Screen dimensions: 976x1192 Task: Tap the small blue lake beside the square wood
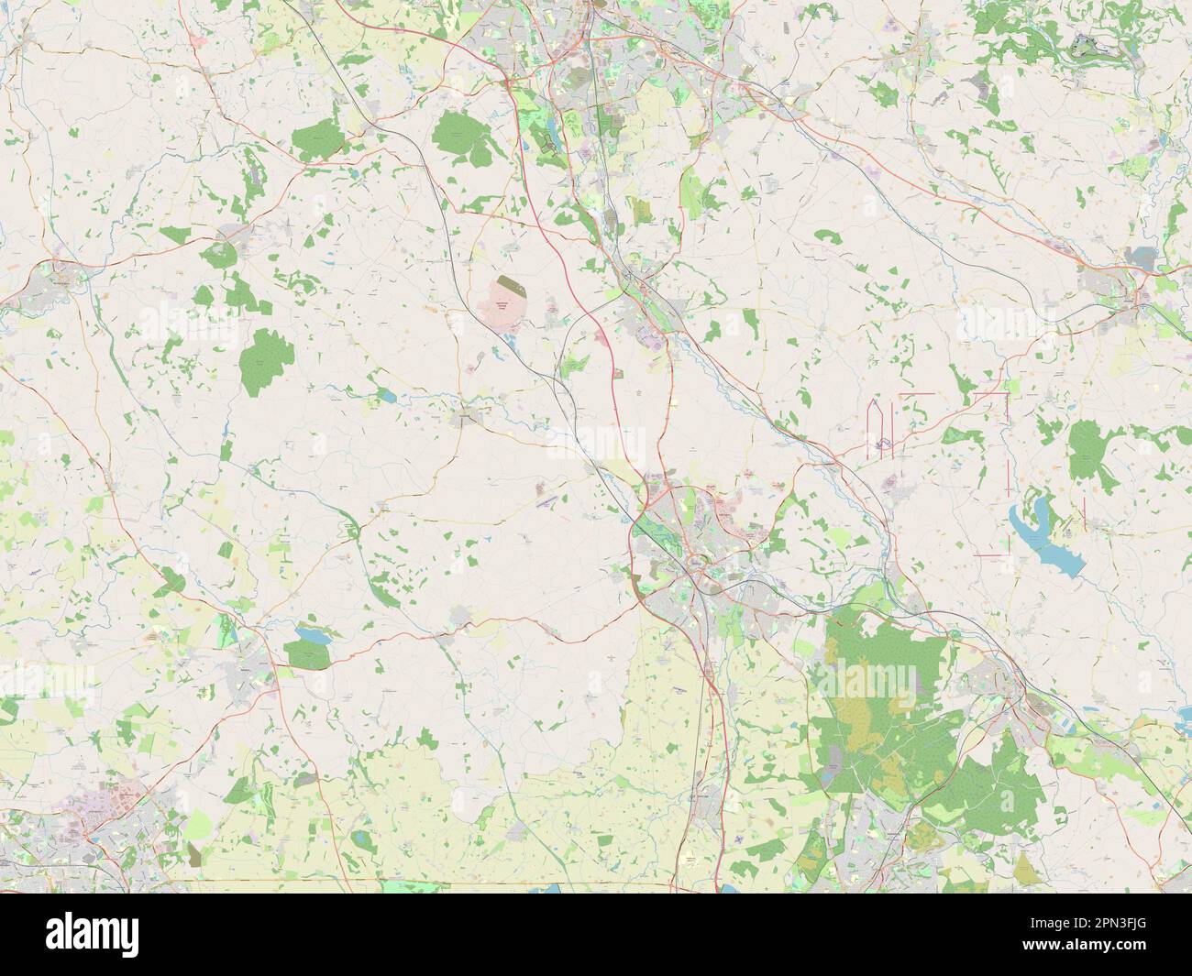[x=308, y=634]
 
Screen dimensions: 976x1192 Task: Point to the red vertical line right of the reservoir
[x=1084, y=513]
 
